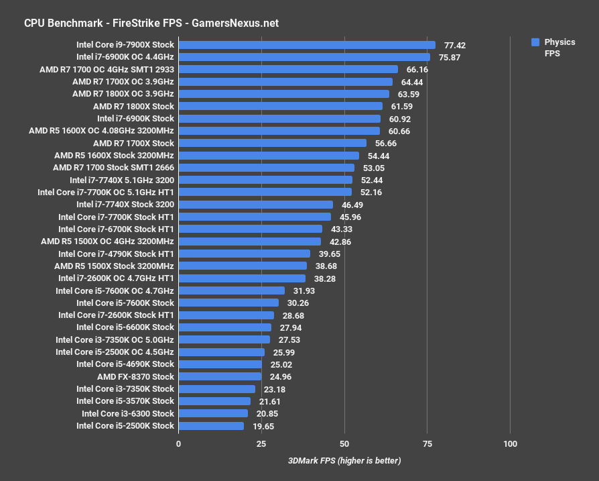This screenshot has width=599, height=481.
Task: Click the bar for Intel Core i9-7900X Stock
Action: (307, 45)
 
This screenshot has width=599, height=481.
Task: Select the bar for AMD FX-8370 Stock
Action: (220, 376)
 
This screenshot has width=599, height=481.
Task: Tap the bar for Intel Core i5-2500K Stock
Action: (211, 426)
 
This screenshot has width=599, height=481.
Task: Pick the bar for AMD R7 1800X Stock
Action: (280, 106)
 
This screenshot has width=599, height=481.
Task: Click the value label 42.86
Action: (340, 242)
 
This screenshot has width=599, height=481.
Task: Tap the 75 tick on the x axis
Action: (427, 444)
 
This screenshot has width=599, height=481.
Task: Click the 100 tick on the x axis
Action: (510, 444)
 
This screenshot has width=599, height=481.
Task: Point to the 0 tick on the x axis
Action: (179, 444)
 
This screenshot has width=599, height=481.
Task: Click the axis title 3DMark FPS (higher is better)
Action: (344, 461)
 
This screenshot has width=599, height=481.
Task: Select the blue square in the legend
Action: (535, 42)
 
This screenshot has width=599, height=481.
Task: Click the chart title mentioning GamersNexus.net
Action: (151, 23)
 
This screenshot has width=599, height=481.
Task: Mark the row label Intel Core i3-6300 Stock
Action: (127, 413)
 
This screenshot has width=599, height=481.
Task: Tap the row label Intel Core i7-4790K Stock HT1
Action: (116, 254)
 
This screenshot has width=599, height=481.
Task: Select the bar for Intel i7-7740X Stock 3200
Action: (255, 205)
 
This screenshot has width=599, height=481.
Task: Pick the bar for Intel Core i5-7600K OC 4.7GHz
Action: (231, 290)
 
